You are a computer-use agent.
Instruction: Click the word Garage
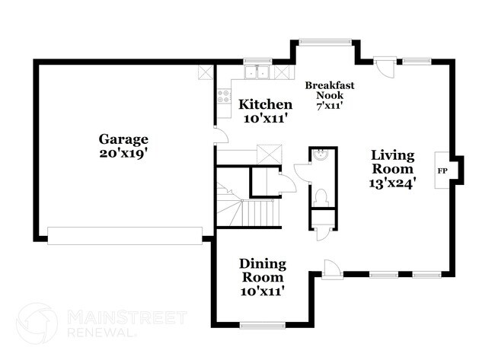point(123,139)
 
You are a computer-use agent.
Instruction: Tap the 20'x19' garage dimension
point(123,152)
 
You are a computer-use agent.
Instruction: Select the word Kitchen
point(265,104)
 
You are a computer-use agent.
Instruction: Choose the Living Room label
point(392,161)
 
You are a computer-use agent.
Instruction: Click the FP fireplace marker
point(442,170)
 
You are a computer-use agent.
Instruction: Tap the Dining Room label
point(263,270)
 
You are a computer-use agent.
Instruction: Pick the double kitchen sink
point(258,73)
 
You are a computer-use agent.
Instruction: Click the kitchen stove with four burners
point(225,97)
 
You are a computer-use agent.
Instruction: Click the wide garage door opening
point(126,235)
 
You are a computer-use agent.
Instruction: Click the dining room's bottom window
point(261,326)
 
